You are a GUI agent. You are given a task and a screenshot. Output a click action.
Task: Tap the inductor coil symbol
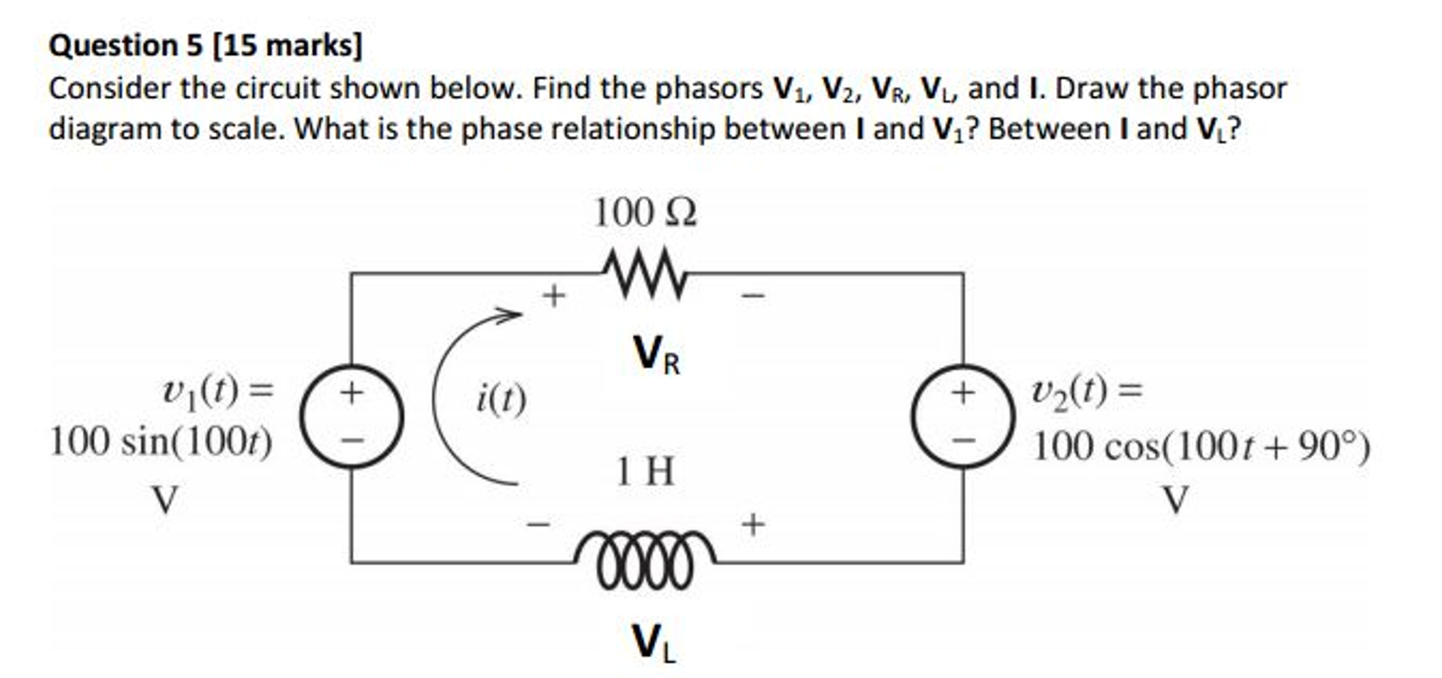645,560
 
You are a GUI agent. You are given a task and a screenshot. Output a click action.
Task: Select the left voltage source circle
352,417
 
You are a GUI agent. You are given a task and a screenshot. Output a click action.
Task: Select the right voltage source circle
963,417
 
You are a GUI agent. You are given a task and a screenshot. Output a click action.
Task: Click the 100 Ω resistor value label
645,212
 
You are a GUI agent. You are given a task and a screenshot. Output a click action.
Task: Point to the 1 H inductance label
645,471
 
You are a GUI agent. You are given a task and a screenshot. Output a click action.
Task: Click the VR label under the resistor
656,355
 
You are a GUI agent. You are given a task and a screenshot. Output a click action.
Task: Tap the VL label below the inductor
654,643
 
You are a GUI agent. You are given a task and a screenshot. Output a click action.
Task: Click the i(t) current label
501,400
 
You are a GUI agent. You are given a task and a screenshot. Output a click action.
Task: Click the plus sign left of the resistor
554,295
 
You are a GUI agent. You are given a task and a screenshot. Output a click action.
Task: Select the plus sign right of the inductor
753,524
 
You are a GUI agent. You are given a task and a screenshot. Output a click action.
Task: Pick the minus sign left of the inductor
538,524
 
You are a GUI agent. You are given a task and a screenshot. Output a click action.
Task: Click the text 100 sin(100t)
161,443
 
